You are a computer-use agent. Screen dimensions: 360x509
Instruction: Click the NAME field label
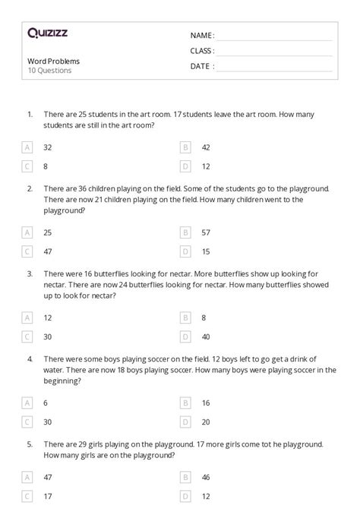tap(201, 36)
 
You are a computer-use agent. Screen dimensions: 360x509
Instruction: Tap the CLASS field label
tap(202, 51)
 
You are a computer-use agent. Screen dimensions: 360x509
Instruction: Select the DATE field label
tap(201, 66)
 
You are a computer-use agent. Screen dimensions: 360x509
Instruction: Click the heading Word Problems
tap(53, 61)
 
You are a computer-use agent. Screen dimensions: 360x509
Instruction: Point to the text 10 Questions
tap(49, 71)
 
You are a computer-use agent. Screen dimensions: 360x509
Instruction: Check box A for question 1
tap(28, 147)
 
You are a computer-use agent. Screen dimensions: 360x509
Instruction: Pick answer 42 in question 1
tap(206, 147)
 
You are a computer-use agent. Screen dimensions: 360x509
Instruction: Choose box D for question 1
tap(185, 166)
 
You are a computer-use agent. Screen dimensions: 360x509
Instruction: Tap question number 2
tap(30, 188)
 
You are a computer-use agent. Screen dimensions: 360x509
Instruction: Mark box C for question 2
tap(28, 250)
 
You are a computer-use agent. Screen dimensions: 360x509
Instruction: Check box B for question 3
tap(185, 317)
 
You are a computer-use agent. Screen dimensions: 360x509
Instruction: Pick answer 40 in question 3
tap(206, 336)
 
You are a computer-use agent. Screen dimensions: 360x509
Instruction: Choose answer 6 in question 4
tap(46, 403)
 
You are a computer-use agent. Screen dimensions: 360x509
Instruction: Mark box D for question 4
tap(185, 422)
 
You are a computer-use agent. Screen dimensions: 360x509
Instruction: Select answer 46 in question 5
tap(206, 477)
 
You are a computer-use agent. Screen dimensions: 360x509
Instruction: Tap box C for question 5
tap(28, 496)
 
